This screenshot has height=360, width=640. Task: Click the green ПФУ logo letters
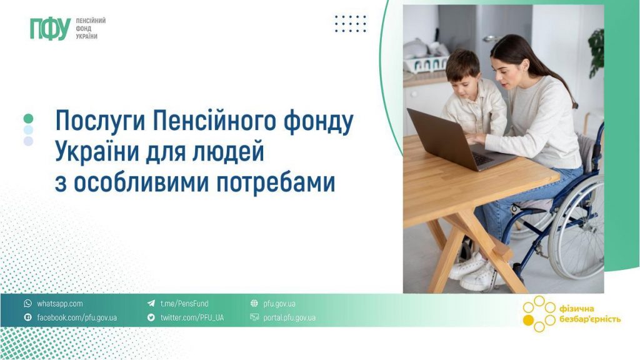pos(49,29)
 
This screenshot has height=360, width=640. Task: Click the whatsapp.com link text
pos(60,304)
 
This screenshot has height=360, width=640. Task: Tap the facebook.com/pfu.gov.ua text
pos(77,317)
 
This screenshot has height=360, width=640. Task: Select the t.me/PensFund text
pos(181,304)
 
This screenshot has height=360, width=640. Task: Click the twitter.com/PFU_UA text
pos(192,317)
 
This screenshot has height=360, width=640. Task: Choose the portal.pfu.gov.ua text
pos(289,317)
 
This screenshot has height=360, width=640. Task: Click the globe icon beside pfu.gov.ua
pos(254,304)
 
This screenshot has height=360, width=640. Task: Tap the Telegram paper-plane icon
pos(151,304)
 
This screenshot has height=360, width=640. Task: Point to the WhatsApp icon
pos(27,304)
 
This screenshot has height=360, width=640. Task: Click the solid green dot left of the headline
pos(28,118)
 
